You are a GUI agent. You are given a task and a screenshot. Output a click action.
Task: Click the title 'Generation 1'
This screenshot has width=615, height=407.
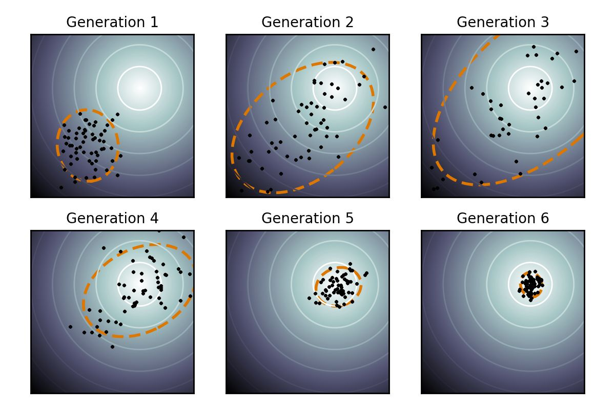(x=112, y=22)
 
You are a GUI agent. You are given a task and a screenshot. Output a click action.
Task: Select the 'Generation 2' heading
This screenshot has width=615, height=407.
(x=307, y=22)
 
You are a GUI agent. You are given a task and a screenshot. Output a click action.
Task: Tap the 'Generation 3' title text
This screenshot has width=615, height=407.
(x=503, y=22)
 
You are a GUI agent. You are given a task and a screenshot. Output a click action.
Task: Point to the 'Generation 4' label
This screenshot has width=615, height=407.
(x=112, y=218)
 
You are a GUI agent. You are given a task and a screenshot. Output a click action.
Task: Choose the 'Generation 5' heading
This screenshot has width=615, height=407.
(x=307, y=218)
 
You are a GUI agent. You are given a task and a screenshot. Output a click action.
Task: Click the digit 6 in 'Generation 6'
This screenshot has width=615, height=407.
(x=545, y=218)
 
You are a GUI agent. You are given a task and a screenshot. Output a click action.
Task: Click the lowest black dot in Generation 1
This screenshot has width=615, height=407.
(x=61, y=187)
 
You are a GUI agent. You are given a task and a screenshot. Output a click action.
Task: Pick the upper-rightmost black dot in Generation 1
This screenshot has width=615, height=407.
(x=117, y=114)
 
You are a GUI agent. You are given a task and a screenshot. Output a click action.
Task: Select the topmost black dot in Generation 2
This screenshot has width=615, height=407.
(x=373, y=49)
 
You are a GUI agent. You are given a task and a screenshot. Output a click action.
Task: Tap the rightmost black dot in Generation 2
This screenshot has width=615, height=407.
(x=385, y=107)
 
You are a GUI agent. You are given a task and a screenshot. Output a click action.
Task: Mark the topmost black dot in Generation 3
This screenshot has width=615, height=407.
(x=534, y=47)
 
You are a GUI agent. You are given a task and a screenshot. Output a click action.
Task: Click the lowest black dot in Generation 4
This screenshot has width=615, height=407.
(x=112, y=347)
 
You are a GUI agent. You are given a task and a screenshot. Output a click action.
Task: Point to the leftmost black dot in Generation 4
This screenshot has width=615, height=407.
(x=70, y=327)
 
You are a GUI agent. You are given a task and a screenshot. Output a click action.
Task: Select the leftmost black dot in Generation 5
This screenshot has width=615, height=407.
(x=309, y=298)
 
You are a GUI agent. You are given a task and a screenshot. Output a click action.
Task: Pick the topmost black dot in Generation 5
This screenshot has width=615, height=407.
(x=350, y=264)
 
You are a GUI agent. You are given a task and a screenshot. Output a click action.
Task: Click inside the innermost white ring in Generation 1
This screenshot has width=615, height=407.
(x=139, y=88)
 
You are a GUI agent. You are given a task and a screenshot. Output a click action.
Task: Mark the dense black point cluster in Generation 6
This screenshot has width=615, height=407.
(x=531, y=285)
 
